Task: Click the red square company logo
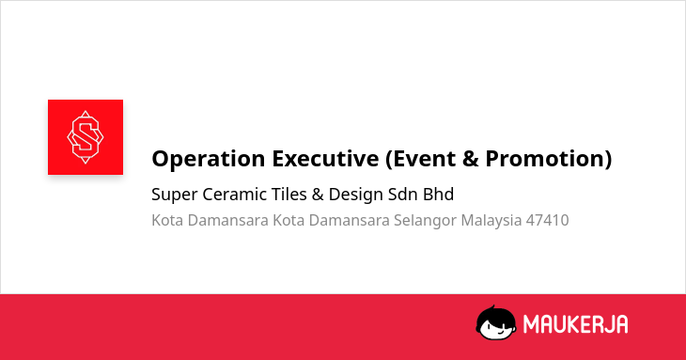click(x=86, y=137)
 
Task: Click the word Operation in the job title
click(x=209, y=159)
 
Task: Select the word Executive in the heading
click(x=325, y=158)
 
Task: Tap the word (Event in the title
click(x=420, y=159)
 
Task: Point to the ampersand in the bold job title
click(x=470, y=158)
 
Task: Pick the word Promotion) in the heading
click(x=549, y=159)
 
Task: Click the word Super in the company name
click(x=174, y=195)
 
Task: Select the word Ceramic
click(x=234, y=195)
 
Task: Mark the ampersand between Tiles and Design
click(x=318, y=195)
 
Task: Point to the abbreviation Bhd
click(x=438, y=195)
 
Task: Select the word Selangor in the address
click(x=425, y=221)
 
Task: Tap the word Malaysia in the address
click(x=491, y=221)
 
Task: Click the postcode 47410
click(x=547, y=220)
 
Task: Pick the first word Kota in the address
click(x=167, y=220)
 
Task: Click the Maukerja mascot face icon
click(x=495, y=323)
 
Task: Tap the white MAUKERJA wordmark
click(x=576, y=324)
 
